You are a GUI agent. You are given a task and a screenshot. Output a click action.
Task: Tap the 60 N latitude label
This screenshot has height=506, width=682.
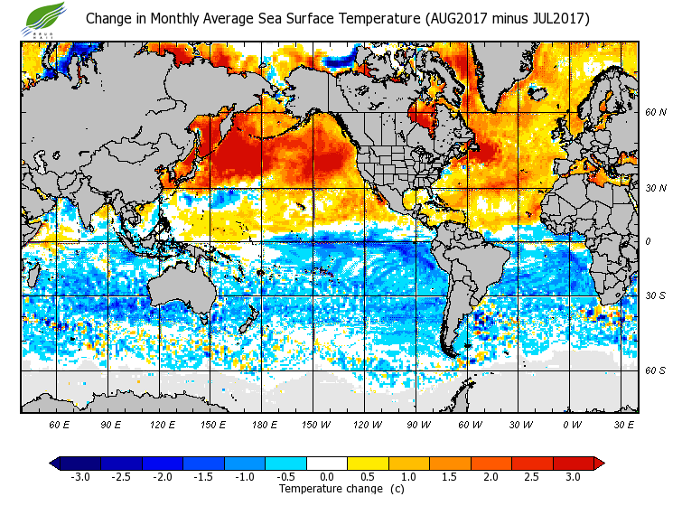point(655,113)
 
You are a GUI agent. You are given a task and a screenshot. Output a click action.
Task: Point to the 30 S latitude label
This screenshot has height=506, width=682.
point(655,296)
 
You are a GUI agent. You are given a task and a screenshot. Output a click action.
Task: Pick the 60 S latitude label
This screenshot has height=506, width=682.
point(655,370)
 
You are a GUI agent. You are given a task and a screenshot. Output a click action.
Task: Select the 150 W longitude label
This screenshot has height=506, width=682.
point(315,425)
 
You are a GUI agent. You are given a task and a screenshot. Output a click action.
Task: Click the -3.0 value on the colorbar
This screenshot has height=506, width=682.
point(80,476)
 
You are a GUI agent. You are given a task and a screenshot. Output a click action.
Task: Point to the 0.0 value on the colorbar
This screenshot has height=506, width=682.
point(327,476)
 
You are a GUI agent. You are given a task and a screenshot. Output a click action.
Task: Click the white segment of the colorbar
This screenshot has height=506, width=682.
point(327,464)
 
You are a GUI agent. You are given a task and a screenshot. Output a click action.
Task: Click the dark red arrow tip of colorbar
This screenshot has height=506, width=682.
point(599,464)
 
